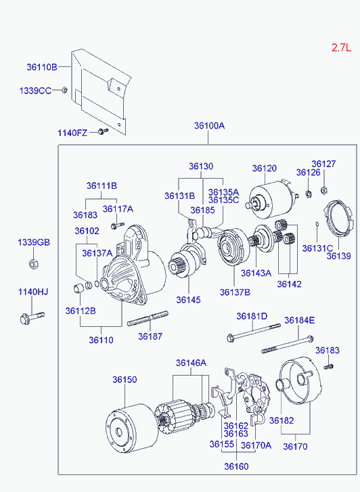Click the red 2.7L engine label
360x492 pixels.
pyautogui.click(x=341, y=47)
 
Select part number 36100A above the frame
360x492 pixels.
pyautogui.click(x=209, y=125)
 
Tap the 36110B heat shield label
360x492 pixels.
pyautogui.click(x=42, y=67)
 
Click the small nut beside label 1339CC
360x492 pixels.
pyautogui.click(x=64, y=90)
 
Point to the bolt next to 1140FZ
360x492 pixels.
pyautogui.click(x=103, y=131)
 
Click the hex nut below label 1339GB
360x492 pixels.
pyautogui.click(x=33, y=264)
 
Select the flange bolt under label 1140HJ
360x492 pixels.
pyautogui.click(x=32, y=317)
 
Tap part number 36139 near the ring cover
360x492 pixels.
pyautogui.click(x=338, y=256)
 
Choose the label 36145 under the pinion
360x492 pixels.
pyautogui.click(x=188, y=300)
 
